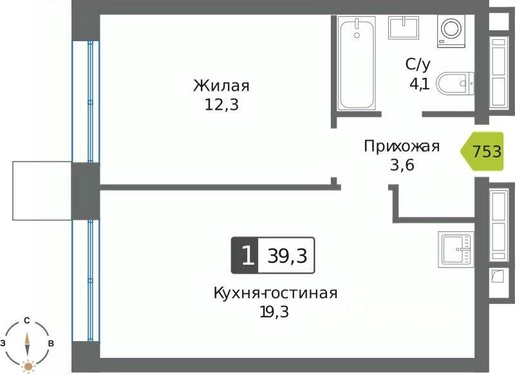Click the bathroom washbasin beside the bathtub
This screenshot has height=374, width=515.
[404, 28]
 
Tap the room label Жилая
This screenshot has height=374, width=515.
[221, 86]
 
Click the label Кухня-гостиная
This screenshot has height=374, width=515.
[276, 294]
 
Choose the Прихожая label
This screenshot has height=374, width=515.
[402, 146]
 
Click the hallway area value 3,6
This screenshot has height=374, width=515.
[402, 165]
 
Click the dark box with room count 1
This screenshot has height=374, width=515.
[245, 254]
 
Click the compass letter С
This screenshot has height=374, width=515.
[27, 320]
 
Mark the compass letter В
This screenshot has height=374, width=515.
[50, 343]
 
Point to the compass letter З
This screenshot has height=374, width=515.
[4, 343]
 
